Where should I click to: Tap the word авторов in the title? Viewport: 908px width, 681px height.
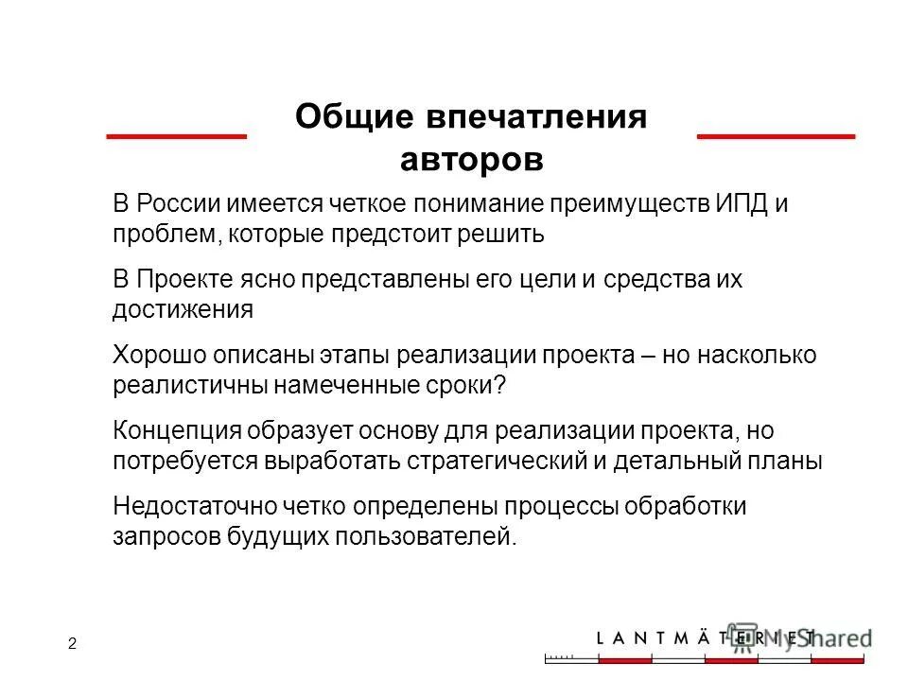tap(472, 158)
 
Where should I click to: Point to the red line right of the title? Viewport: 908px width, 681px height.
tap(776, 137)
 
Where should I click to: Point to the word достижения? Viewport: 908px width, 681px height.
tap(183, 309)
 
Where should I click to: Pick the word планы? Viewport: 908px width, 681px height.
tap(788, 461)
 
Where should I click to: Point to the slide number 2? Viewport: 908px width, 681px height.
tap(72, 644)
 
